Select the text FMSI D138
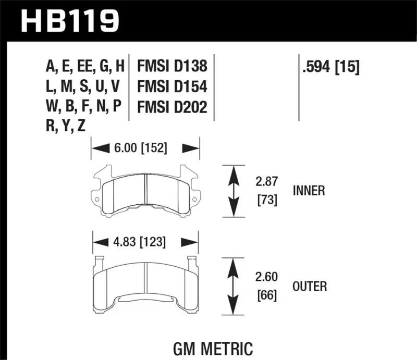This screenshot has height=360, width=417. pyautogui.click(x=172, y=66)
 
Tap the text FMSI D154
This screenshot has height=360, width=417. pyautogui.click(x=172, y=86)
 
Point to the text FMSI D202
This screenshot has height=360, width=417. pyautogui.click(x=172, y=107)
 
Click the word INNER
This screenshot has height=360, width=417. pyautogui.click(x=309, y=191)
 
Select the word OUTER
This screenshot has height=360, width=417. pyautogui.click(x=310, y=286)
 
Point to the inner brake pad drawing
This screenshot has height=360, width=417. pyautogui.click(x=145, y=191)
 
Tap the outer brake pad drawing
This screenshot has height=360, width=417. pyautogui.click(x=145, y=284)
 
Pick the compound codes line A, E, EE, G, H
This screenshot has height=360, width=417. pyautogui.click(x=85, y=66)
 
